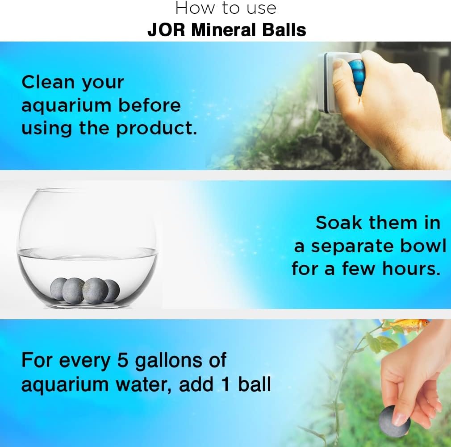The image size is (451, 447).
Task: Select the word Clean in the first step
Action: pos(48,82)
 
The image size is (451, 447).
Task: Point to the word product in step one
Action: pos(156,129)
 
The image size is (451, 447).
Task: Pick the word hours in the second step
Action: pos(411,269)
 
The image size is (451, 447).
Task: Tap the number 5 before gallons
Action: pos(122,360)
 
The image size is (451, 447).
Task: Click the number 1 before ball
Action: pos(226,384)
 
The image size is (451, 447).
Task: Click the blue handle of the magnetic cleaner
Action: pos(357,76)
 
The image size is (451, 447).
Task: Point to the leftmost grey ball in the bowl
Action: pos(58,289)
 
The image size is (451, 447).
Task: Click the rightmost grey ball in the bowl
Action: pos(113,291)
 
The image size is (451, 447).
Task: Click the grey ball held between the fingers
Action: pos(393,422)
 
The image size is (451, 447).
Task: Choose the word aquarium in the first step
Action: pos(67,106)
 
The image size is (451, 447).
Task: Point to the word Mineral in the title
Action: pos(224,30)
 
